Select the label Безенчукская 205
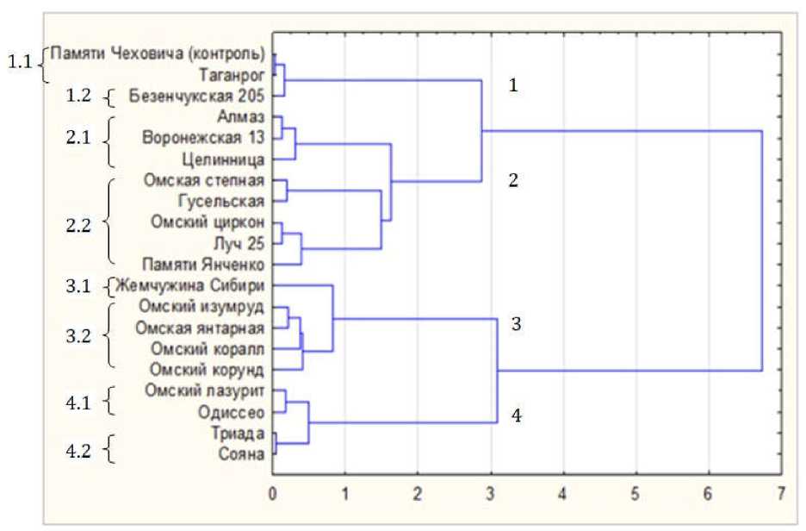point(196,97)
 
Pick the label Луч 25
point(242,243)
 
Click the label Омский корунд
point(207,370)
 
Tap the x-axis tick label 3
point(491,494)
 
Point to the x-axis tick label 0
point(273,494)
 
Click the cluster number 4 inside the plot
point(515,416)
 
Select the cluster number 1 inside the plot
point(513,86)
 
